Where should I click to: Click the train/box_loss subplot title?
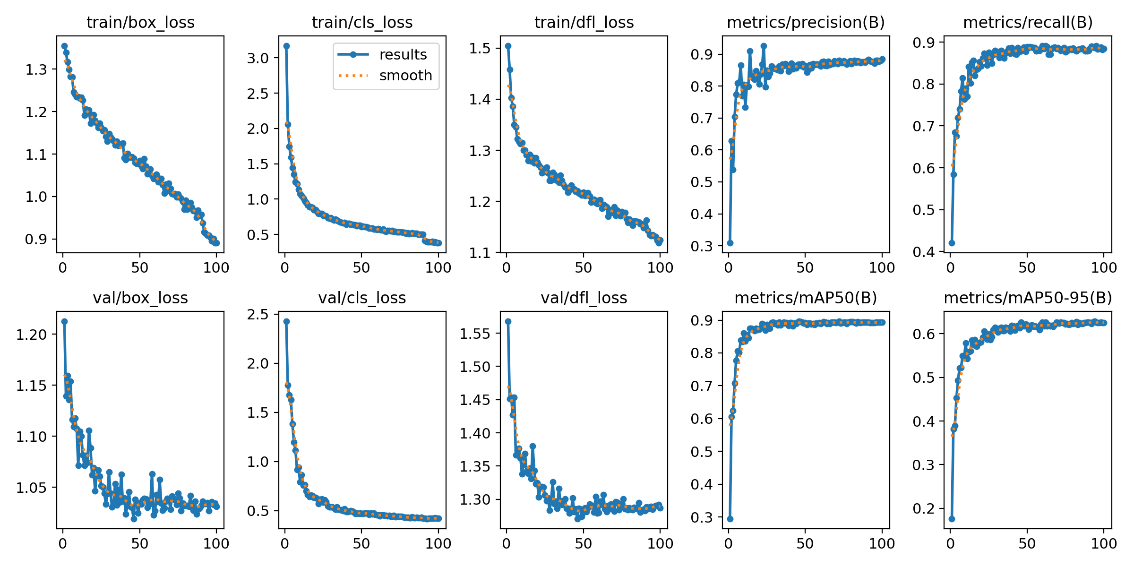(x=140, y=22)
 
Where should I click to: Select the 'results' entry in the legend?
(x=403, y=55)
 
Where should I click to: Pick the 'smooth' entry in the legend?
(x=405, y=76)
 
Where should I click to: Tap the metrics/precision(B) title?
(x=806, y=22)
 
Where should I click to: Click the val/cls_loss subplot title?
(x=362, y=298)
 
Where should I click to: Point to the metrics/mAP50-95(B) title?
(x=1028, y=298)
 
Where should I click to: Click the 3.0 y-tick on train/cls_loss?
(x=258, y=58)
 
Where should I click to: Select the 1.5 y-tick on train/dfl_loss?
(x=480, y=48)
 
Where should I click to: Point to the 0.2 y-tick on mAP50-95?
(x=924, y=508)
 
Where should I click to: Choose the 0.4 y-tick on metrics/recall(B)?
(x=924, y=252)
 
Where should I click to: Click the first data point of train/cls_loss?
(x=286, y=46)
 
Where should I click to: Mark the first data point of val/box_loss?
(x=64, y=321)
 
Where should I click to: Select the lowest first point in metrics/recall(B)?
(x=952, y=243)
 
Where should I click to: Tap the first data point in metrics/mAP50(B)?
(x=730, y=519)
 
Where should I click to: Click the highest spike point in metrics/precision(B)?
(x=764, y=46)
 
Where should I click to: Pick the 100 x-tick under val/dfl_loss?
(x=660, y=543)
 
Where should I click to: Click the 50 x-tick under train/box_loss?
(x=140, y=268)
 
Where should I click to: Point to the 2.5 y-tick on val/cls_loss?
(x=258, y=314)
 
